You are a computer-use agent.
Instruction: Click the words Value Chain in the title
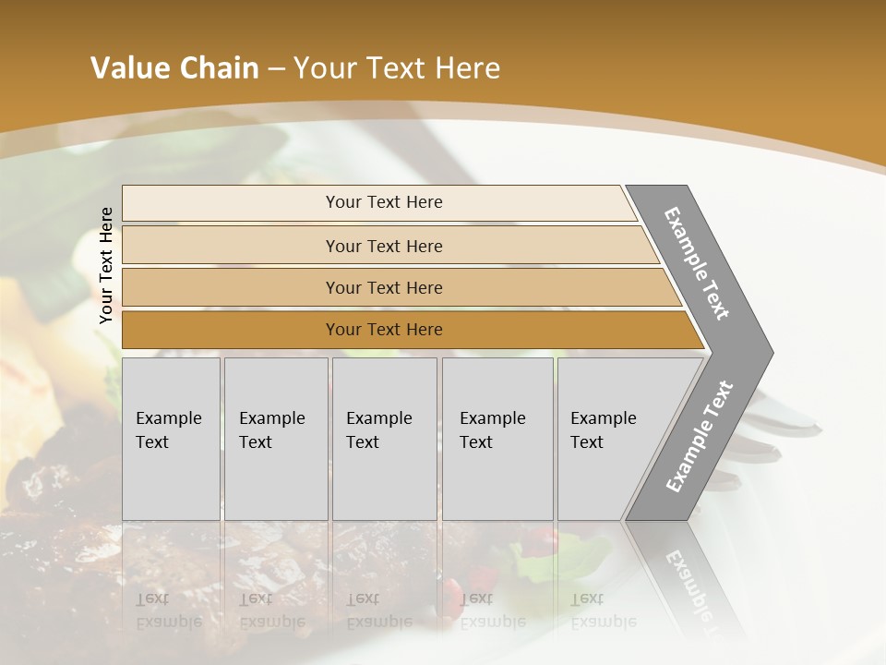click(x=174, y=68)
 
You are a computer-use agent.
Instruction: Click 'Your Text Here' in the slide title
click(x=397, y=68)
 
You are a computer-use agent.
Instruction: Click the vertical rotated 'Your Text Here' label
click(x=106, y=266)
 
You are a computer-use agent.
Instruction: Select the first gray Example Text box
click(x=171, y=438)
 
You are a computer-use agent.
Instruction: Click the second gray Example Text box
click(x=275, y=438)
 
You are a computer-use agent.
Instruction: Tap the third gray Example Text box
click(x=383, y=438)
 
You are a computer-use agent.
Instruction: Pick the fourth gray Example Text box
click(x=497, y=438)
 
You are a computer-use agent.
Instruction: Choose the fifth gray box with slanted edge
click(x=609, y=438)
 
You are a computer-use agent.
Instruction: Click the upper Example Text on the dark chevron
click(x=697, y=264)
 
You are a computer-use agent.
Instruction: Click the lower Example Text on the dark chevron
click(x=699, y=436)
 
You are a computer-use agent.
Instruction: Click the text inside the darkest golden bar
click(x=384, y=330)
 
